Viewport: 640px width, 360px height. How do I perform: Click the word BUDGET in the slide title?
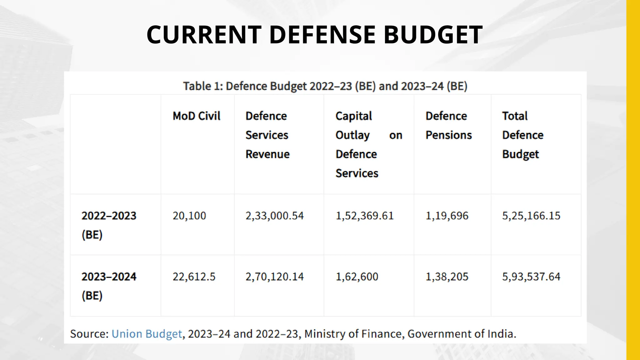(433, 34)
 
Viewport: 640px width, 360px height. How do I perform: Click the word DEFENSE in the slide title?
(322, 34)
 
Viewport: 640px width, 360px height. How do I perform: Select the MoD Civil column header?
(196, 116)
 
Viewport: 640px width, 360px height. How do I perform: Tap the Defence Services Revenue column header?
(267, 135)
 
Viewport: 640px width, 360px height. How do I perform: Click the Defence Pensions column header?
(448, 125)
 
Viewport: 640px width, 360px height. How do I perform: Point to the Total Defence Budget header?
(522, 135)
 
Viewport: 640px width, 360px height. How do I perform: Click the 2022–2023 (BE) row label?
(109, 225)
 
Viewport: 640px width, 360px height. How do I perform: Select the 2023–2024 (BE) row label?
(109, 286)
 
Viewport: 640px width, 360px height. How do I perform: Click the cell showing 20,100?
(189, 216)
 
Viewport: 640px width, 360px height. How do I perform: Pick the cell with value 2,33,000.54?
(274, 216)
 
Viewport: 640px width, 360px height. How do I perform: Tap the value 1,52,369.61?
(364, 216)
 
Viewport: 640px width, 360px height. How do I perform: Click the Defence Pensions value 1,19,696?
(447, 216)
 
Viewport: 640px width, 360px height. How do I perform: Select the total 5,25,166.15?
(531, 216)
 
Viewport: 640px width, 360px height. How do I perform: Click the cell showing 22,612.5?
(194, 277)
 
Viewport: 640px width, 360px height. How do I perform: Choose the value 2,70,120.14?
(274, 277)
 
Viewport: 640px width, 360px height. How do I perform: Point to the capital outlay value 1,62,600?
(357, 277)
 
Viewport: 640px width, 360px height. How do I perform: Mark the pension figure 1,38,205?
(447, 277)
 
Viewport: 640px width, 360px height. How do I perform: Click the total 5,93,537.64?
(531, 277)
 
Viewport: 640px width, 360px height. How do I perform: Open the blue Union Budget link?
(147, 334)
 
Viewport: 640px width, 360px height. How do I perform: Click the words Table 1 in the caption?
(202, 86)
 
